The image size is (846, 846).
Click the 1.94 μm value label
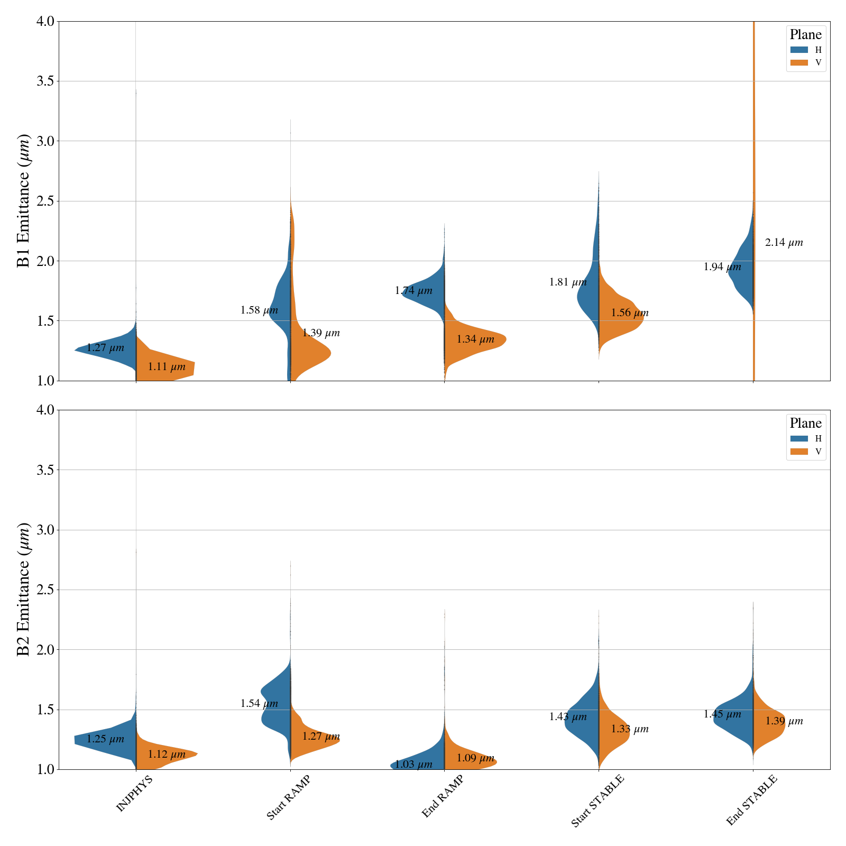coord(722,267)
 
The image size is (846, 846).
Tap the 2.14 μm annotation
coord(784,243)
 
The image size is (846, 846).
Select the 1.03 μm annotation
coord(413,764)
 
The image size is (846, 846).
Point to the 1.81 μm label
coord(568,282)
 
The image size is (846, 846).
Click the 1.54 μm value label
coord(259,703)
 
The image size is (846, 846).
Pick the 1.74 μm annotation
coord(413,291)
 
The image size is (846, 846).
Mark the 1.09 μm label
coord(475,758)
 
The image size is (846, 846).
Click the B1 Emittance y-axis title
coord(24,201)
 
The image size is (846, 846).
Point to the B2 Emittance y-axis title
coord(24,590)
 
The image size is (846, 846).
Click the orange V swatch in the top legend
coord(799,62)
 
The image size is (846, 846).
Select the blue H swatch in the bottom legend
coord(799,438)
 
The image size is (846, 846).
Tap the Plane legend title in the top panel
coord(805,35)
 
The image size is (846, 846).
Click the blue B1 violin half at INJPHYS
coord(114,349)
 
